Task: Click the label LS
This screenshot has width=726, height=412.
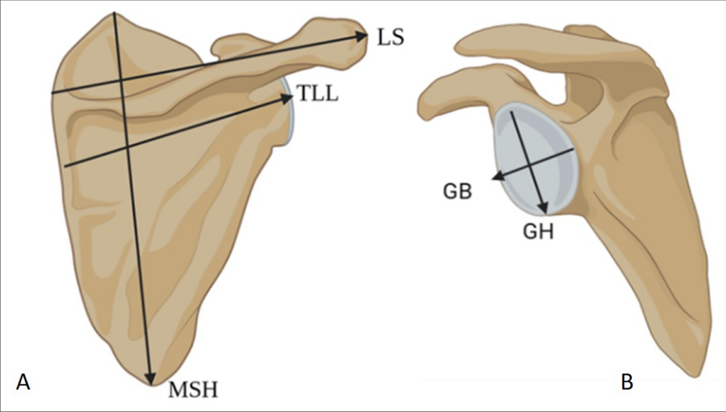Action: click(x=390, y=37)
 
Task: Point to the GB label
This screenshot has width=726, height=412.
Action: click(x=457, y=192)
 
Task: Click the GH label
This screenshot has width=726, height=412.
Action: click(x=538, y=231)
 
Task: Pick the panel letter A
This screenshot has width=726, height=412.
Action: click(x=24, y=382)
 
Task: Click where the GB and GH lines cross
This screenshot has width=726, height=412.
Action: click(x=531, y=164)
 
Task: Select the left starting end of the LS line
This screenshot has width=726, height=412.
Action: click(x=52, y=93)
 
